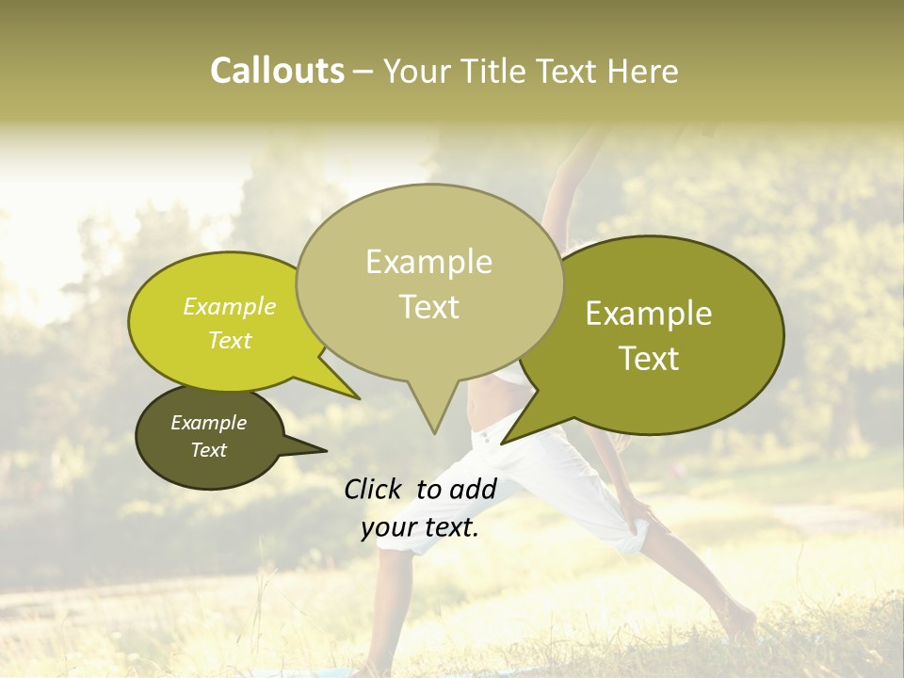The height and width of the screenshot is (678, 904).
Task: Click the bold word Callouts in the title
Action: pyautogui.click(x=277, y=71)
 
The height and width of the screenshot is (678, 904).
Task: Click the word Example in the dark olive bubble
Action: pyautogui.click(x=208, y=423)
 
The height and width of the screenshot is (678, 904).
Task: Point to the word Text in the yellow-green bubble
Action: pyautogui.click(x=230, y=340)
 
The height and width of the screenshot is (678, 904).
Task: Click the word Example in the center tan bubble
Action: pyautogui.click(x=428, y=262)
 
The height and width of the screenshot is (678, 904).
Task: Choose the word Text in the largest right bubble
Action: pyautogui.click(x=649, y=359)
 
